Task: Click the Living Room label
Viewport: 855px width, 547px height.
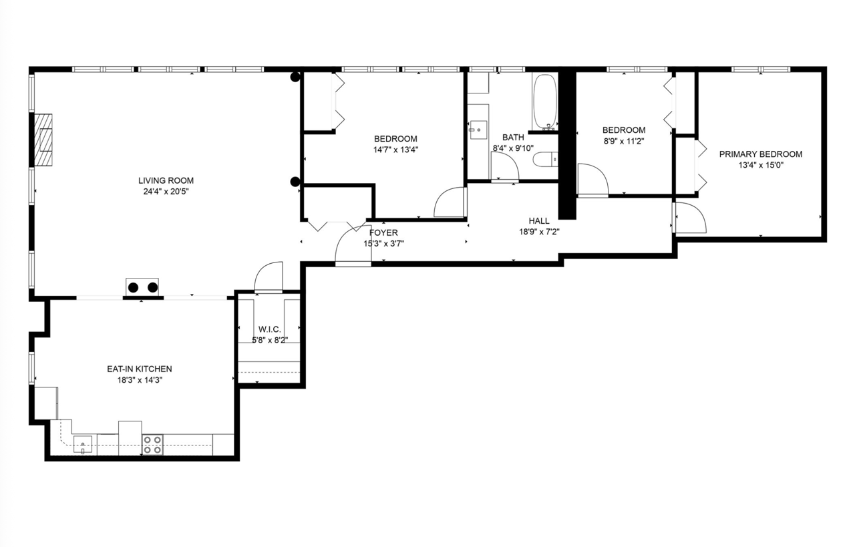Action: tap(166, 180)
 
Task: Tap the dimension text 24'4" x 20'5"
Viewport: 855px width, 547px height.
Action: tap(166, 192)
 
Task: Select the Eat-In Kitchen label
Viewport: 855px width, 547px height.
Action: tap(140, 369)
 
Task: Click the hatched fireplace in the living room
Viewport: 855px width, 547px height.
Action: tap(43, 139)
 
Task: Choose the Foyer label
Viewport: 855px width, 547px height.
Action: tap(383, 232)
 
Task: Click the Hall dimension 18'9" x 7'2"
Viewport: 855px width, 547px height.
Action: tap(539, 232)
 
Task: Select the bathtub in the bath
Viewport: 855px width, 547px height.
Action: tap(544, 102)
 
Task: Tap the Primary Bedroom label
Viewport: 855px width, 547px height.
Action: tap(761, 154)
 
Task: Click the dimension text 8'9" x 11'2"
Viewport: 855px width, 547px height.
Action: tap(624, 141)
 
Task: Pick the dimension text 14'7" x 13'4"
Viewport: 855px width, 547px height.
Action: tap(396, 150)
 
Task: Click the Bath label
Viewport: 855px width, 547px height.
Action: tap(513, 138)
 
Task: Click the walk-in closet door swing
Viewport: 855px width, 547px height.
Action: tap(269, 277)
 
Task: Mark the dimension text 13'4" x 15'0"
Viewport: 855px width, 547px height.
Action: tap(761, 166)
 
